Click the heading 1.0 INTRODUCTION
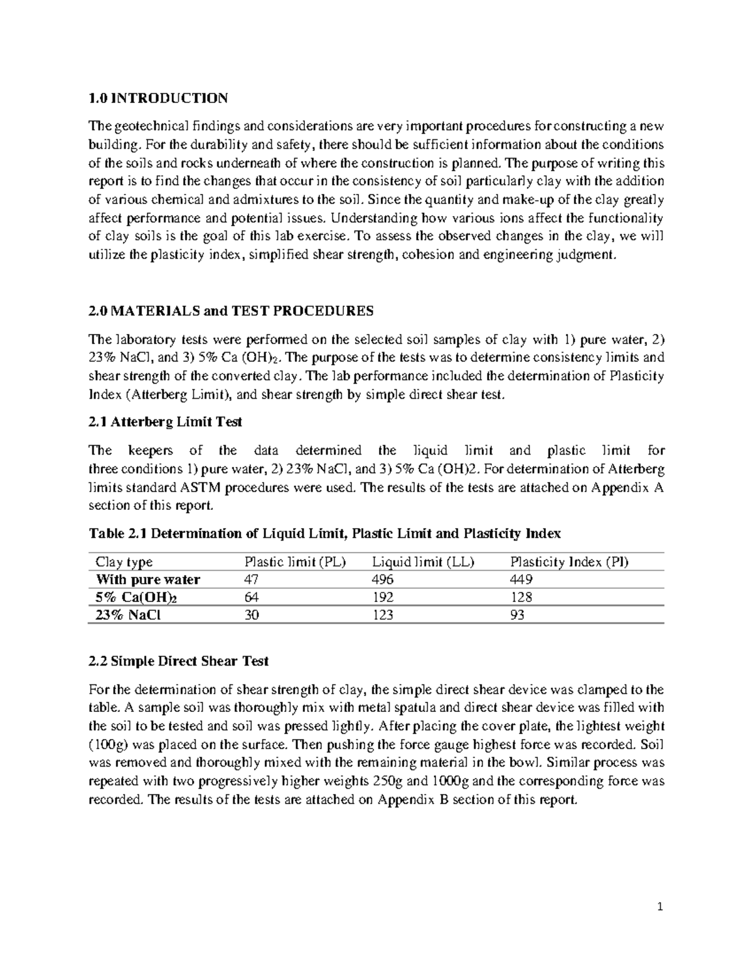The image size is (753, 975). click(x=158, y=98)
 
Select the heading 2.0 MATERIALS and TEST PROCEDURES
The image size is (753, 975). click(x=231, y=311)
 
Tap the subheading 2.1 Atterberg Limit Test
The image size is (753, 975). click(x=166, y=423)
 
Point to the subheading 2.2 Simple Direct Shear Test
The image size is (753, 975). click(x=179, y=661)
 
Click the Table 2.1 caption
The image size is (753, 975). click(x=325, y=534)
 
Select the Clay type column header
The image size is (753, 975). click(x=124, y=562)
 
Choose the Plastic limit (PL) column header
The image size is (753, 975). click(x=295, y=562)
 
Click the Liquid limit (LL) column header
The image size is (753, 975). click(x=423, y=562)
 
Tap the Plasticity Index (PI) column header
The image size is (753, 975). click(x=569, y=562)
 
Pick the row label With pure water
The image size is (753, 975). click(x=147, y=579)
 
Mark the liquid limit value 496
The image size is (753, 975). click(x=383, y=579)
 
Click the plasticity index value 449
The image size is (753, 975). click(x=521, y=579)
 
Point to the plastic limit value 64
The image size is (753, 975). click(x=251, y=598)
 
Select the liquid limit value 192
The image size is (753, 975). click(x=383, y=598)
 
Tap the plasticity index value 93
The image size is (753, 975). click(x=518, y=615)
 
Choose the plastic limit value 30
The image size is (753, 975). click(x=251, y=615)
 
